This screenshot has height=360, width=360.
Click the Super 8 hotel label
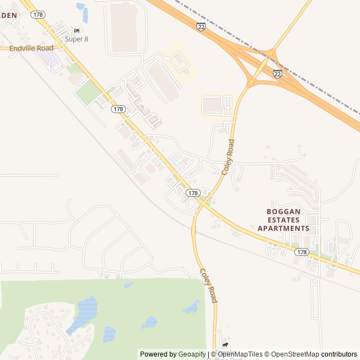(x=76, y=39)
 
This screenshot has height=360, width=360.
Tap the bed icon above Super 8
(x=77, y=30)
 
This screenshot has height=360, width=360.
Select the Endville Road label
(x=31, y=48)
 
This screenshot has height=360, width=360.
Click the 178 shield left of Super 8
(x=38, y=14)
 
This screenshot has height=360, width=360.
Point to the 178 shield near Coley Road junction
(x=193, y=193)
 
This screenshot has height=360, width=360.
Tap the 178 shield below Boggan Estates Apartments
(x=302, y=252)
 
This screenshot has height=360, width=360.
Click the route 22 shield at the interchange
(x=277, y=74)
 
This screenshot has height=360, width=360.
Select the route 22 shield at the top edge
(x=201, y=26)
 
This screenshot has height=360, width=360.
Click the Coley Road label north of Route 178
(x=228, y=157)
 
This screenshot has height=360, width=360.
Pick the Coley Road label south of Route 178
(x=208, y=285)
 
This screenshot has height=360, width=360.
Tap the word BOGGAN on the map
(x=283, y=211)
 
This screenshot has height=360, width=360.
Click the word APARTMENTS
(x=283, y=228)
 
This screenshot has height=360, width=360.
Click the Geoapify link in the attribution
(x=192, y=354)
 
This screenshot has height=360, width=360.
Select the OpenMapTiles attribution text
(x=240, y=354)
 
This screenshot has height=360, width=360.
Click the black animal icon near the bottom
(x=226, y=345)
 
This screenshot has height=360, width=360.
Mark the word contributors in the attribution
(x=339, y=354)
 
